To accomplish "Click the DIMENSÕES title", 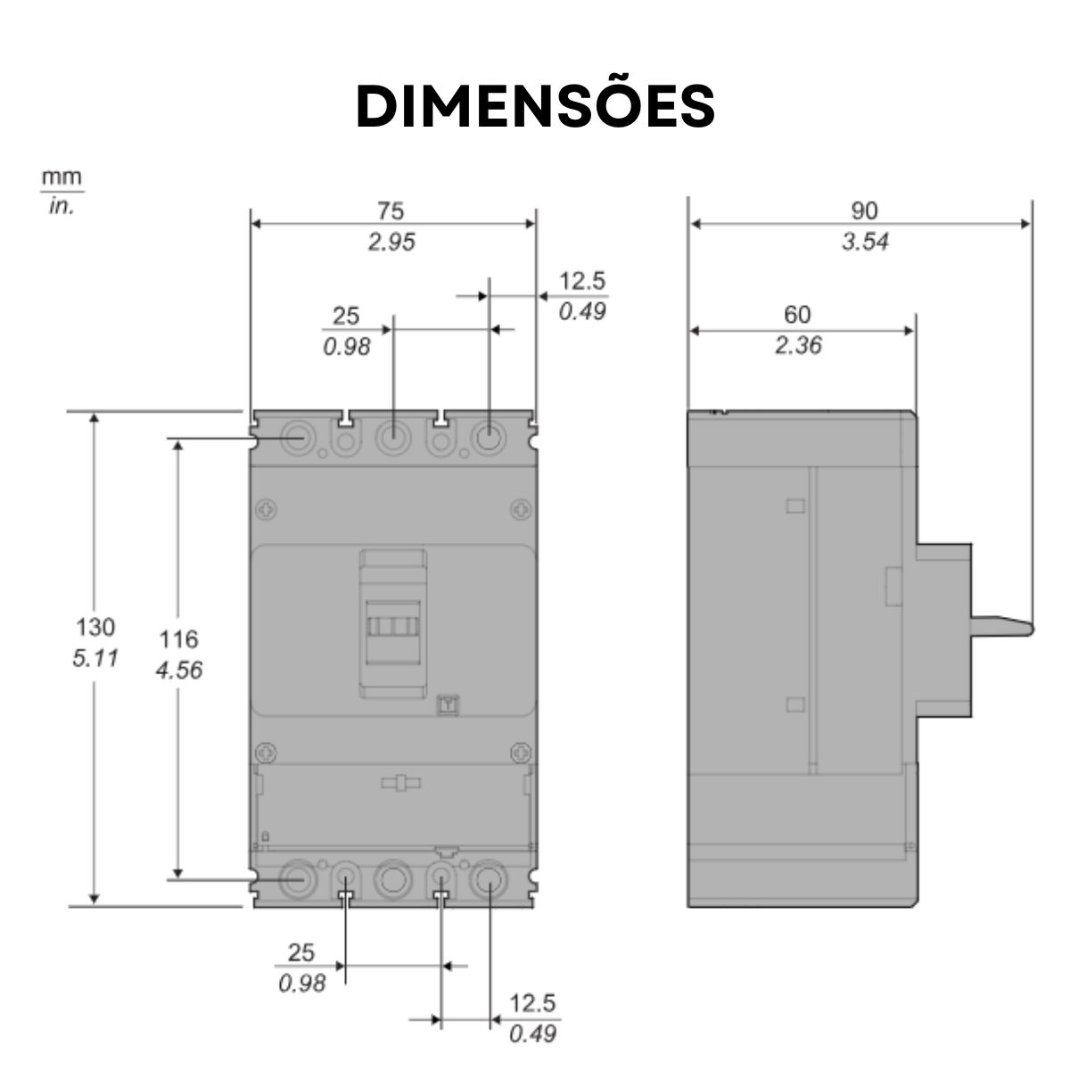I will [x=535, y=106].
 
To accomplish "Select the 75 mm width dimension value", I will [x=391, y=211].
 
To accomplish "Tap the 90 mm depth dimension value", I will [x=864, y=211].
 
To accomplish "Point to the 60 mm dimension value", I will [x=797, y=315].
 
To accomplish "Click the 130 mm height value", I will [x=95, y=626].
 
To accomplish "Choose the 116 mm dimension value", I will [x=178, y=639].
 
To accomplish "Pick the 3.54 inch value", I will [x=864, y=242].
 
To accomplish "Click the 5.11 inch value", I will [x=95, y=660].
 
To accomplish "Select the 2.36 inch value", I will [x=797, y=346].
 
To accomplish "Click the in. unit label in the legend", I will [x=62, y=207].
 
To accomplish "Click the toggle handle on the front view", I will [x=393, y=624].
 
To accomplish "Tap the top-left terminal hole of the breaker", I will [x=296, y=439].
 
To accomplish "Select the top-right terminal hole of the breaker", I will [x=487, y=439].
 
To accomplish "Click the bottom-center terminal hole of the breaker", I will [x=391, y=879].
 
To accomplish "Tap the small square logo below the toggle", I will [x=449, y=704].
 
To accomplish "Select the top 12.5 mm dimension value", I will [x=581, y=282].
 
